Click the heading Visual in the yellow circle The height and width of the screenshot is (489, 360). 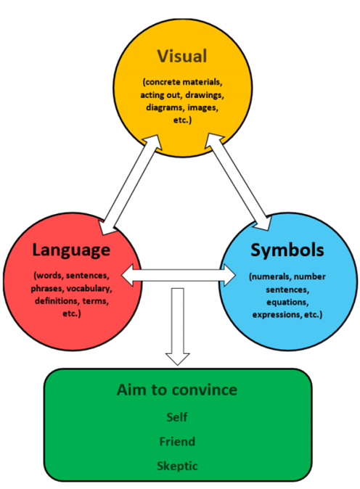[182, 56]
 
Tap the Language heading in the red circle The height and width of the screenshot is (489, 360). [71, 250]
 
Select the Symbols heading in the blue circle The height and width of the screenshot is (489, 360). [287, 250]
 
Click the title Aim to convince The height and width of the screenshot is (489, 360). [177, 390]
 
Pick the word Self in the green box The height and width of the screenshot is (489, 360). [177, 417]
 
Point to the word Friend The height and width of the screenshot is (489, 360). [177, 442]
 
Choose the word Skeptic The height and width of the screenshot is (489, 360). [177, 466]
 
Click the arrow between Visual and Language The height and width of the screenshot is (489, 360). [131, 184]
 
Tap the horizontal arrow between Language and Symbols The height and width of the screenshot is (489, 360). [179, 275]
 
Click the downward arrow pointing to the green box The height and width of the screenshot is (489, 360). [178, 326]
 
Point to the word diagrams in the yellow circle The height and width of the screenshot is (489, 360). [165, 108]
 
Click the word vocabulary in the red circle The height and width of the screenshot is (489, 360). [89, 289]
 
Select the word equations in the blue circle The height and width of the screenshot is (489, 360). [287, 303]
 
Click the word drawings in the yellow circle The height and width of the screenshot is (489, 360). [205, 95]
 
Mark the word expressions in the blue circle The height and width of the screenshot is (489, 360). [277, 315]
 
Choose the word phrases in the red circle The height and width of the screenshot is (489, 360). [47, 289]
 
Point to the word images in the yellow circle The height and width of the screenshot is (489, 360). [202, 108]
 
